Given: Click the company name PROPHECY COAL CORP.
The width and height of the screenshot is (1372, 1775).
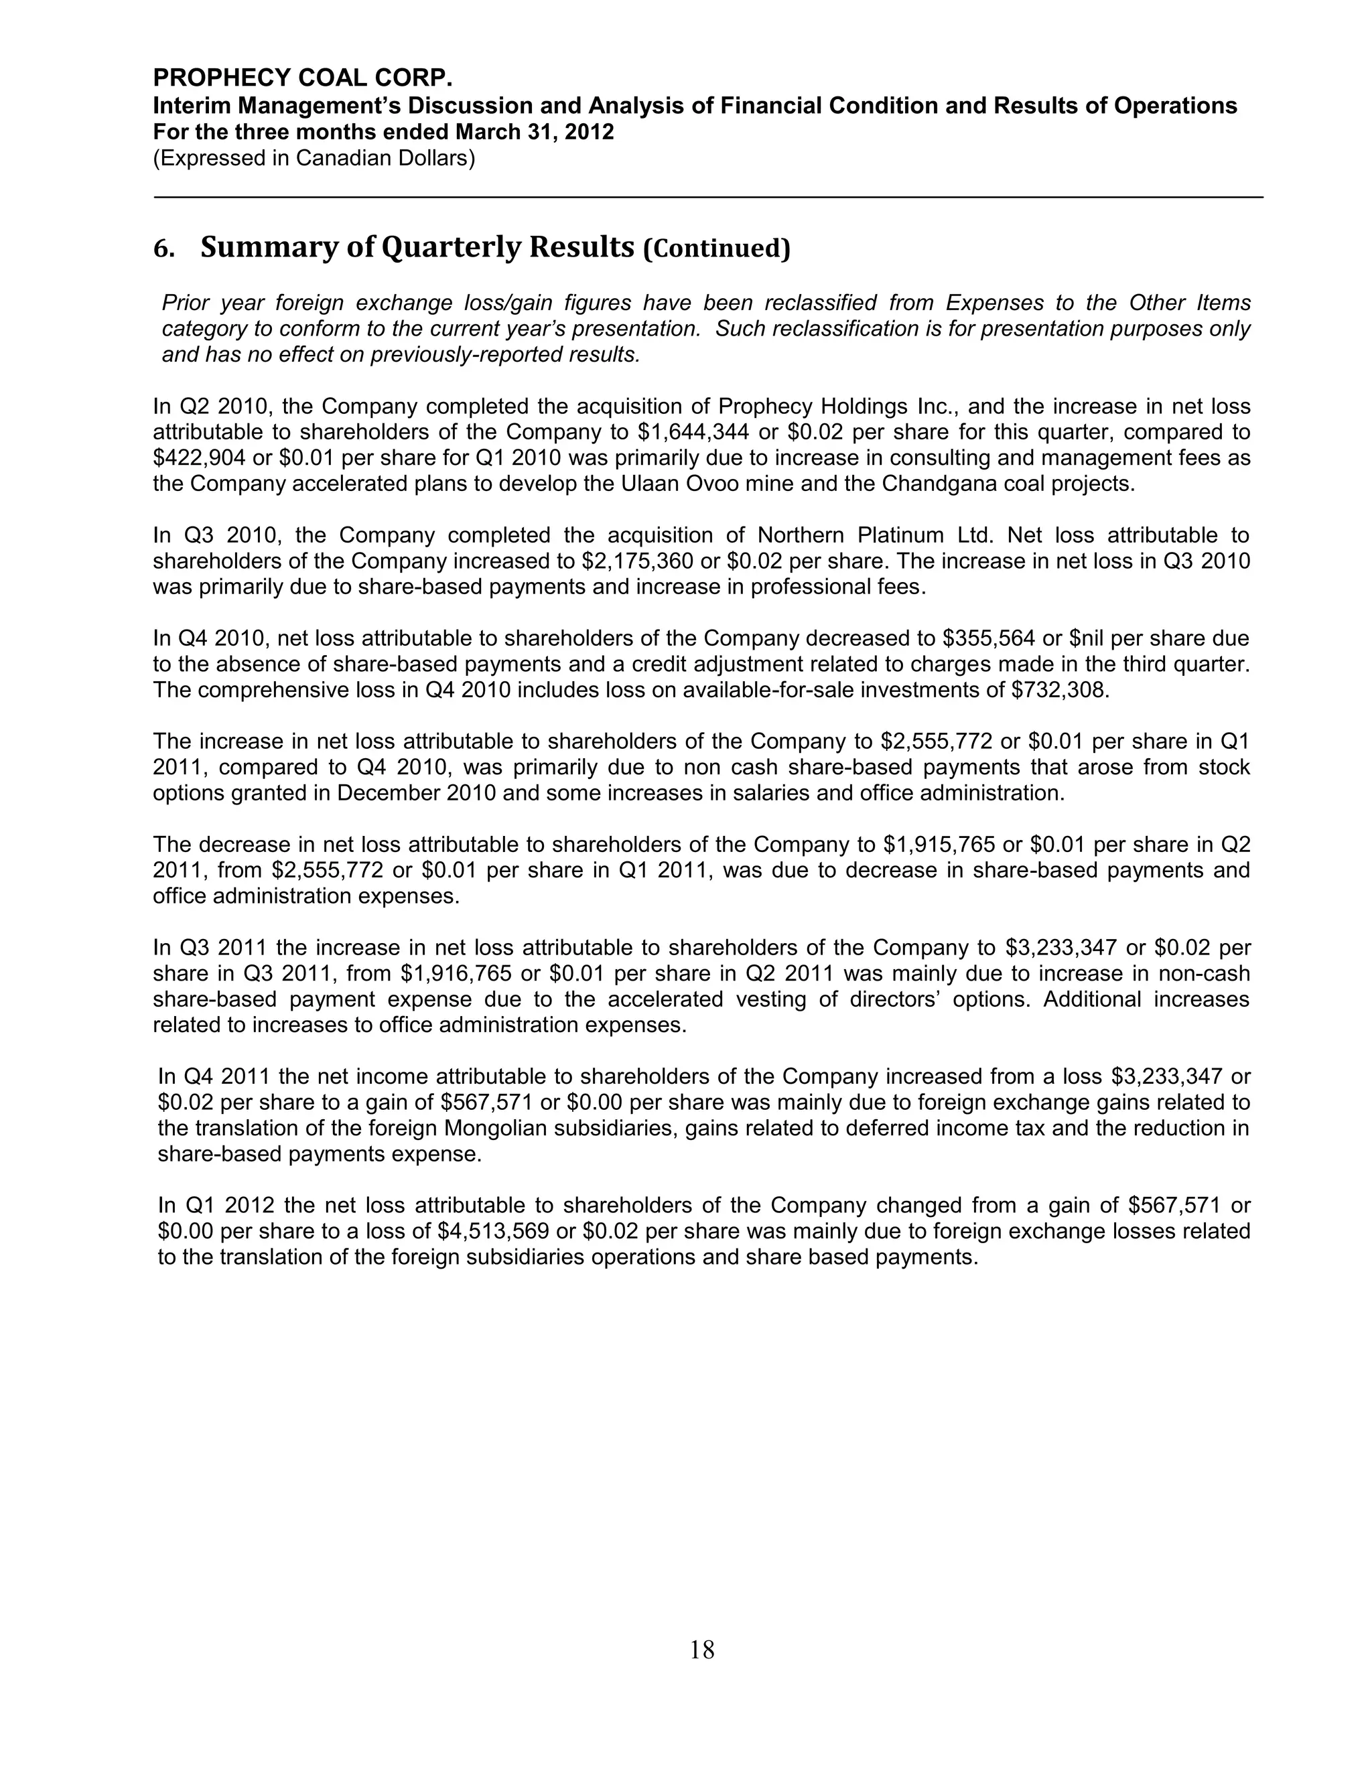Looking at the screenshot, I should pos(302,78).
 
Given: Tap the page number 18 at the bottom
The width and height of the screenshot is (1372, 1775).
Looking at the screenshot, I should pos(701,1650).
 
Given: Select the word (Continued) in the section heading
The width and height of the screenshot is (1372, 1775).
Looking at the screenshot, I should pos(716,248).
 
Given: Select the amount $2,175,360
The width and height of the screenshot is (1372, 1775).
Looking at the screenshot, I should pos(638,561).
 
